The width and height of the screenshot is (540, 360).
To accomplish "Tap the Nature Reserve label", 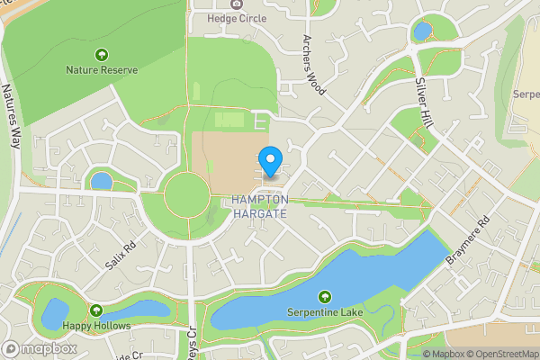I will tap(101, 68).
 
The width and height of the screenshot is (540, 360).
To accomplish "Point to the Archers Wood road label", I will tap(312, 65).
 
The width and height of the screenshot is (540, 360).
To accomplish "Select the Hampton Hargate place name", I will tap(259, 206).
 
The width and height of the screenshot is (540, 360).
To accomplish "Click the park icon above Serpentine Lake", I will tap(324, 297).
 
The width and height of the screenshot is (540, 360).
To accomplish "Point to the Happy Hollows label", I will tap(97, 325).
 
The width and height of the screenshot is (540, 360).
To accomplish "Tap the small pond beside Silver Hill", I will tap(422, 32).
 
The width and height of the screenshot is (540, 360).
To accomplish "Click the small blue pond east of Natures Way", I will tap(102, 181).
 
